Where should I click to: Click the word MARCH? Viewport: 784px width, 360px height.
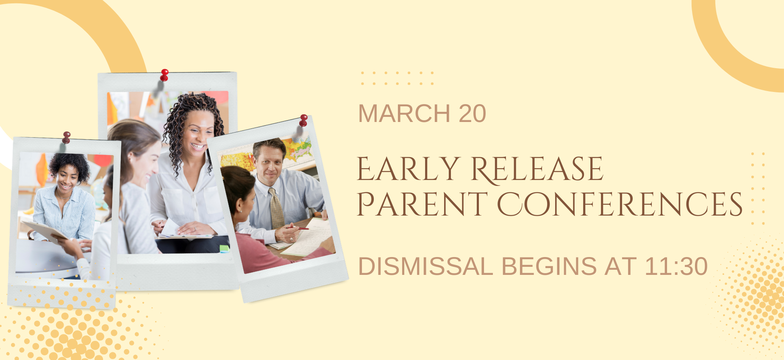click(404, 114)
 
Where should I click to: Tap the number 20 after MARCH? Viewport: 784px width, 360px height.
click(472, 114)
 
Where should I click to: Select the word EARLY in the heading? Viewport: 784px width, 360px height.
click(408, 169)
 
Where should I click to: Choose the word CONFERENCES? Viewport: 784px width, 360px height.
click(620, 204)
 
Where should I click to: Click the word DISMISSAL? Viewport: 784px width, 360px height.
click(425, 266)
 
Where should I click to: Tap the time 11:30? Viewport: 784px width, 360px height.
click(676, 266)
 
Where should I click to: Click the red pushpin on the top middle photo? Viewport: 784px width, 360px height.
click(164, 75)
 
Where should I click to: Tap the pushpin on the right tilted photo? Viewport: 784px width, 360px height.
click(303, 120)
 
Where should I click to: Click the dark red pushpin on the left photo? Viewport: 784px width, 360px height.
click(66, 138)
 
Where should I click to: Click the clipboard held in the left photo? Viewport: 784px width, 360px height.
click(44, 231)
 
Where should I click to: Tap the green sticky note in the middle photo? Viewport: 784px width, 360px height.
click(224, 249)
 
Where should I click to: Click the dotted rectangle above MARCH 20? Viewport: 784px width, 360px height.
click(398, 78)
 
